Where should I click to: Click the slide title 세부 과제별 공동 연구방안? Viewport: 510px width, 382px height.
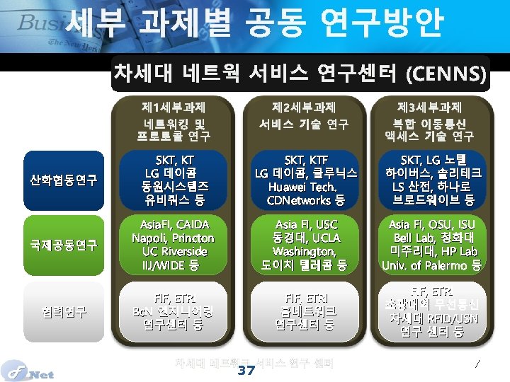tap(255, 24)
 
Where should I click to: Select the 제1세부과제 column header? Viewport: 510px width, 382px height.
tap(174, 120)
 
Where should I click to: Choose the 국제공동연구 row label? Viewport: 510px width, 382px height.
tap(64, 245)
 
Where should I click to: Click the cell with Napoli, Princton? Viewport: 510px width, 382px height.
tap(174, 245)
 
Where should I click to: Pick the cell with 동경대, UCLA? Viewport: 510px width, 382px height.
tap(306, 245)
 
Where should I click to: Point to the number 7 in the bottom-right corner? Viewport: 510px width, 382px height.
tap(477, 364)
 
